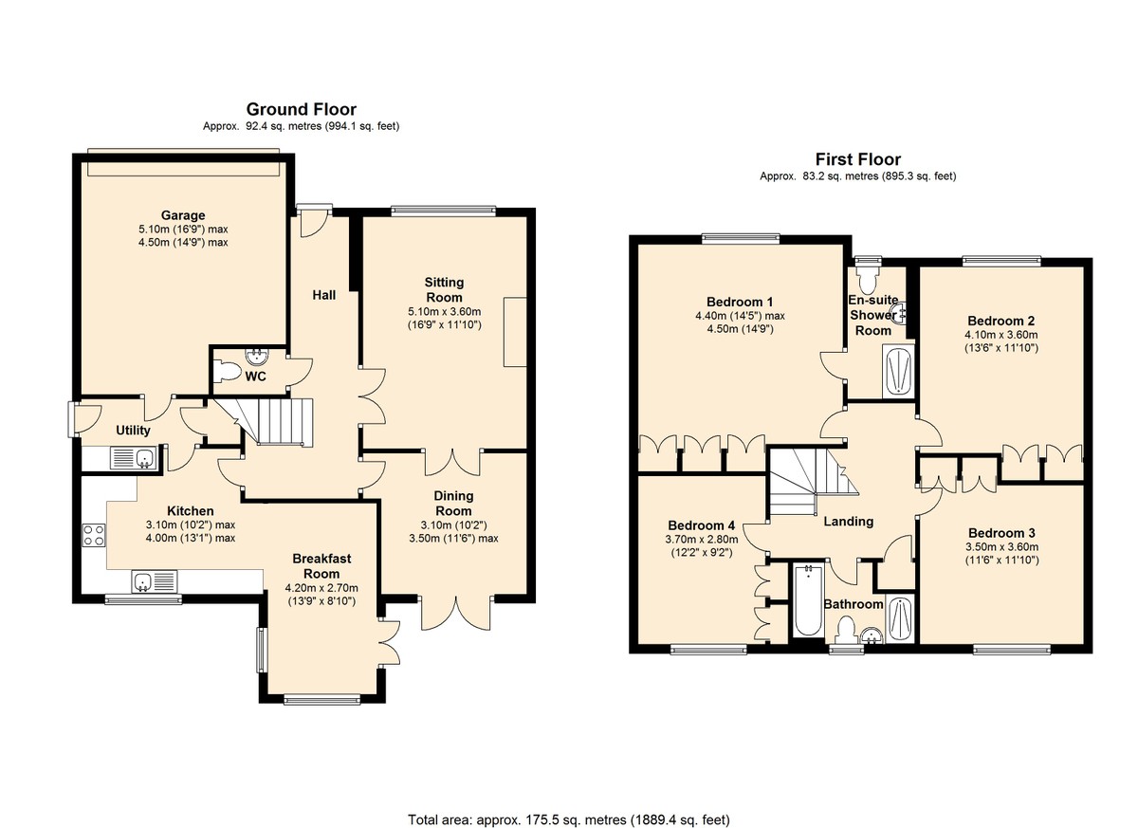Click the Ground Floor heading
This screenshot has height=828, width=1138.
(x=302, y=109)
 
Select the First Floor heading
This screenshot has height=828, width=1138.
(x=858, y=159)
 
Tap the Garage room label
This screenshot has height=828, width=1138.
(x=183, y=215)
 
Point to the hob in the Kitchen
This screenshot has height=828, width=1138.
(x=94, y=535)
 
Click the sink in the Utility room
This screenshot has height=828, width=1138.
(x=134, y=459)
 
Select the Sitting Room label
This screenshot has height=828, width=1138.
(x=444, y=289)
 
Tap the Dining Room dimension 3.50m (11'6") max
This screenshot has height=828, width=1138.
(x=453, y=538)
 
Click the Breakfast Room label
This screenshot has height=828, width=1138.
(x=321, y=566)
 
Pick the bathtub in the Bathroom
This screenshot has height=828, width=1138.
(x=808, y=601)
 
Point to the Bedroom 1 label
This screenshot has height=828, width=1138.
(x=740, y=302)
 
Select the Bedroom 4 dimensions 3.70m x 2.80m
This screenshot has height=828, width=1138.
(x=702, y=540)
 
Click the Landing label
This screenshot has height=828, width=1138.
(x=849, y=522)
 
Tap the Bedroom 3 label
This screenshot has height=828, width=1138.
(x=1001, y=533)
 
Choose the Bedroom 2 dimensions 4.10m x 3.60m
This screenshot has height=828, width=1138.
(x=1001, y=335)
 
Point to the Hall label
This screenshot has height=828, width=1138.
(x=324, y=295)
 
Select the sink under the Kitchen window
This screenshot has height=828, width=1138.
(x=155, y=581)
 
